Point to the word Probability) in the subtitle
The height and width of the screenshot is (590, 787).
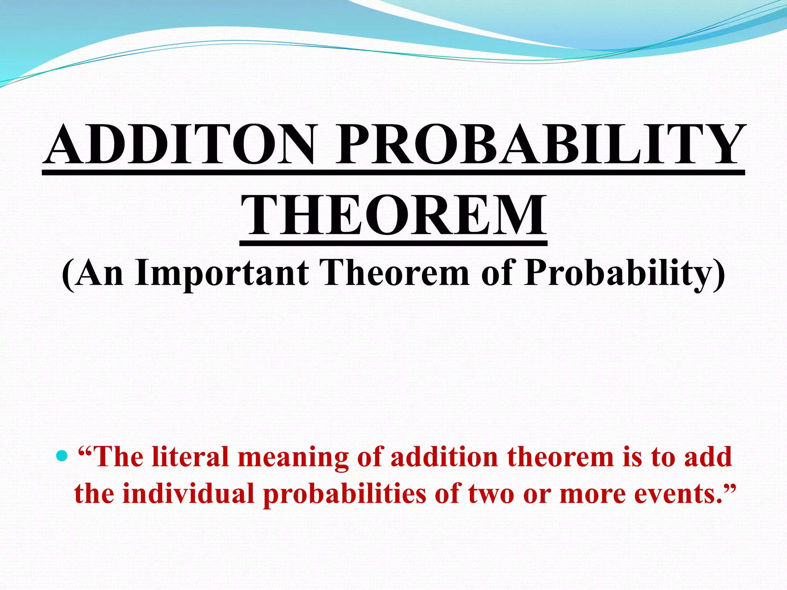point(625,273)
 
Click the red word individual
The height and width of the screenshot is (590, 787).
point(189,494)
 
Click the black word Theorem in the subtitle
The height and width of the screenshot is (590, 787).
point(396,273)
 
